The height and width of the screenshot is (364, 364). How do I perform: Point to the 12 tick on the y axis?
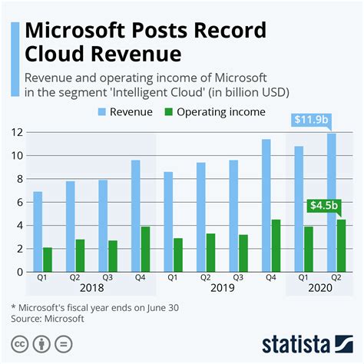[x=12, y=132]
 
